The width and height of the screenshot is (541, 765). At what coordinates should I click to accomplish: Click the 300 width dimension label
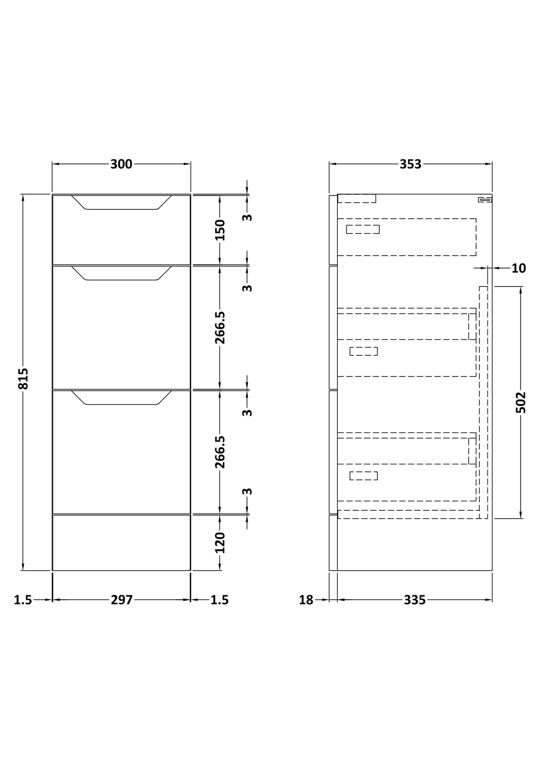(x=121, y=164)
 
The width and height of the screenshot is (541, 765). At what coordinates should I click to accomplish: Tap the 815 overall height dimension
(x=23, y=379)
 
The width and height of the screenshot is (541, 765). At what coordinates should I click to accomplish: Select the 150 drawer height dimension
(x=220, y=230)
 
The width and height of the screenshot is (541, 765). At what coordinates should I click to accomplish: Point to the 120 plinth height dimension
(x=220, y=542)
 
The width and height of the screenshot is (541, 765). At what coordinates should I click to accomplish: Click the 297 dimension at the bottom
(x=122, y=600)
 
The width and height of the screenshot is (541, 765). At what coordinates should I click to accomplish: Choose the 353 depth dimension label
(x=410, y=164)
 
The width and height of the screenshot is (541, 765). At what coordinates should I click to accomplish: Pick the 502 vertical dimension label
(x=521, y=403)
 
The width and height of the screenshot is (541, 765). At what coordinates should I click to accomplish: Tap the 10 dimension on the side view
(x=519, y=268)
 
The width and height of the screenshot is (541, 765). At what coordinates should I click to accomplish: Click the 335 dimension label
(x=415, y=600)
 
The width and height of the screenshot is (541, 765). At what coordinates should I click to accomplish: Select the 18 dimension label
(x=306, y=600)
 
